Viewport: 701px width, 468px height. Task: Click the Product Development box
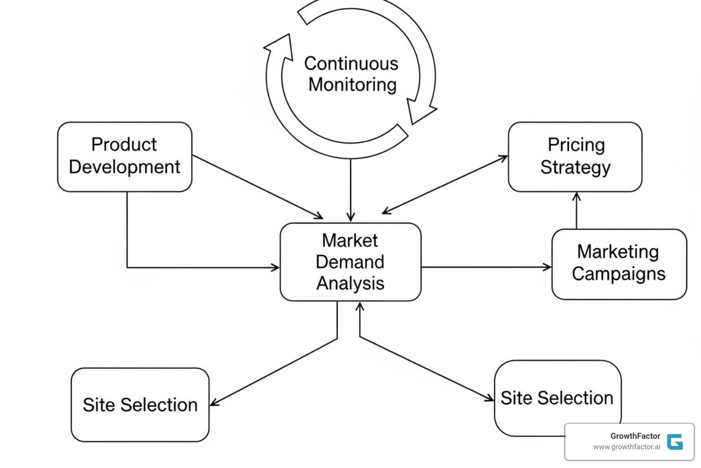click(124, 156)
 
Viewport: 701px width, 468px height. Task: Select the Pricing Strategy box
click(575, 156)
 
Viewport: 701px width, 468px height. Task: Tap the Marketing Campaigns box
click(619, 264)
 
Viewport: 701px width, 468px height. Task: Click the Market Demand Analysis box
click(350, 261)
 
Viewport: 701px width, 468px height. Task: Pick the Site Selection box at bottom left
click(140, 404)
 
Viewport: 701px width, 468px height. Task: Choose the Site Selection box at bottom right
click(557, 397)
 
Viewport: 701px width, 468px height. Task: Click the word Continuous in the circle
click(351, 64)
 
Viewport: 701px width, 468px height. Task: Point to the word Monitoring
click(352, 85)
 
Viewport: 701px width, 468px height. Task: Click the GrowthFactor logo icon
click(675, 441)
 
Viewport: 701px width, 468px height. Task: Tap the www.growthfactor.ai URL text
click(626, 447)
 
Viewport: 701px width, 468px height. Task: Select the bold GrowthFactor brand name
click(635, 436)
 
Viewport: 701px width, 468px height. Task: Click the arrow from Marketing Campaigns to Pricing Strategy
click(576, 210)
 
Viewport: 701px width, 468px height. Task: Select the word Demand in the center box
click(350, 262)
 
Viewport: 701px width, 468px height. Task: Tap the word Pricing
click(576, 145)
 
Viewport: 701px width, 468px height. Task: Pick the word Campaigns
click(618, 274)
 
